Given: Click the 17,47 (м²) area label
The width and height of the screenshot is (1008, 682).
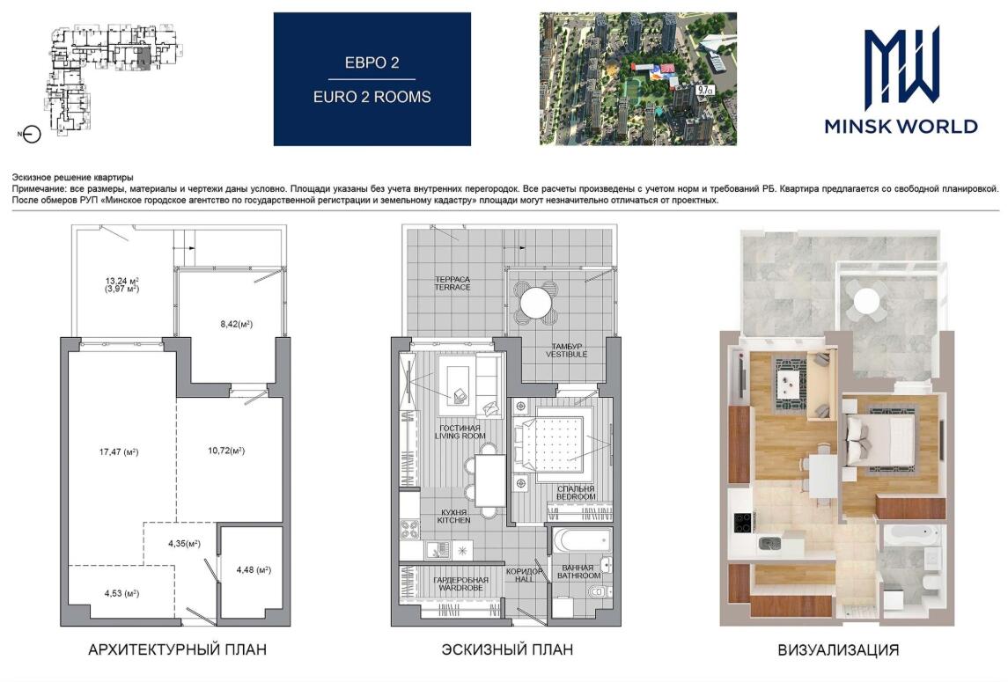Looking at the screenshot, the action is (x=119, y=452).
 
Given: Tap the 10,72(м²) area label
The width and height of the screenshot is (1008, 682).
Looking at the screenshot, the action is (x=226, y=451).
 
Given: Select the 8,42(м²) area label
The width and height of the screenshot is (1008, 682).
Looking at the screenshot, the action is (x=237, y=324).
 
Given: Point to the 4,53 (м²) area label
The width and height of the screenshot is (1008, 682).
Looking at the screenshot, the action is (x=122, y=593).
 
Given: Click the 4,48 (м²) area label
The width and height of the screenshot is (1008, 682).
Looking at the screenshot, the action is (x=254, y=569).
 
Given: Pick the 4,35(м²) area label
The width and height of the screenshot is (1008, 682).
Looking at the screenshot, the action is (x=185, y=543).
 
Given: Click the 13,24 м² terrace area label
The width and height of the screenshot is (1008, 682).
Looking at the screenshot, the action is (x=122, y=281).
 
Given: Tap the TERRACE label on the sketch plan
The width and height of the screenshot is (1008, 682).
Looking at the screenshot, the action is (x=452, y=288).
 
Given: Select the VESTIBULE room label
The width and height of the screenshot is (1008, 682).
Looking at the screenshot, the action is (x=566, y=354).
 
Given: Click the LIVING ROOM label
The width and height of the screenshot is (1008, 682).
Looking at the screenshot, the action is (x=460, y=436).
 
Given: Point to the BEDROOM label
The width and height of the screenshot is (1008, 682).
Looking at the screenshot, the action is (x=576, y=496).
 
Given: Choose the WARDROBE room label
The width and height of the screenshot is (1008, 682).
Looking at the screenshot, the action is (x=461, y=588).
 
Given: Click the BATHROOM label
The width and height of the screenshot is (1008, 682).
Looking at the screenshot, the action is (x=578, y=576).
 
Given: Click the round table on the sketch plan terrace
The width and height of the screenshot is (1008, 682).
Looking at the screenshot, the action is (x=536, y=302).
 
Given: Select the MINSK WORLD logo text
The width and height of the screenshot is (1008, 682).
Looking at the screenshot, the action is (x=901, y=125).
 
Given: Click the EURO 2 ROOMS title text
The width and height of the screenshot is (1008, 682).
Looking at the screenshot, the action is (x=372, y=97).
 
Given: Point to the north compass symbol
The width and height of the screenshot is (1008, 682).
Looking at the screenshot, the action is (x=30, y=135).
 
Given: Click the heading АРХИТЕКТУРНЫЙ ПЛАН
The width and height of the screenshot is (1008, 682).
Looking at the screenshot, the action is (x=178, y=649).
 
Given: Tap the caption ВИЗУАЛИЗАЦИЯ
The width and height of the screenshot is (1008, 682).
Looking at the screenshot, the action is (x=838, y=649).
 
